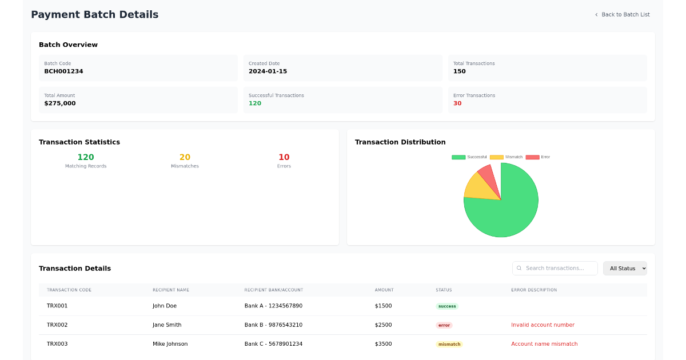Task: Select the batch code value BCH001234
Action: click(x=63, y=71)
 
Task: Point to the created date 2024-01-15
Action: click(x=268, y=71)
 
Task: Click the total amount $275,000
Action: click(x=59, y=103)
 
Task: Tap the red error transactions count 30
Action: click(x=457, y=103)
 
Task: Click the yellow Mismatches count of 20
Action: click(x=185, y=157)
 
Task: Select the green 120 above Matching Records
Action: click(x=86, y=157)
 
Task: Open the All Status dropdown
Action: click(x=625, y=269)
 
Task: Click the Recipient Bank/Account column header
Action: click(x=273, y=290)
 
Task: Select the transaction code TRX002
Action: click(x=57, y=325)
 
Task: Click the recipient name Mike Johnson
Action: click(x=170, y=344)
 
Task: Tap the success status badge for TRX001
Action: click(x=447, y=306)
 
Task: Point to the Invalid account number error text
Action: click(x=543, y=325)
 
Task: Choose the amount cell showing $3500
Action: click(x=383, y=344)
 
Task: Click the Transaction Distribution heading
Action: click(x=400, y=142)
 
